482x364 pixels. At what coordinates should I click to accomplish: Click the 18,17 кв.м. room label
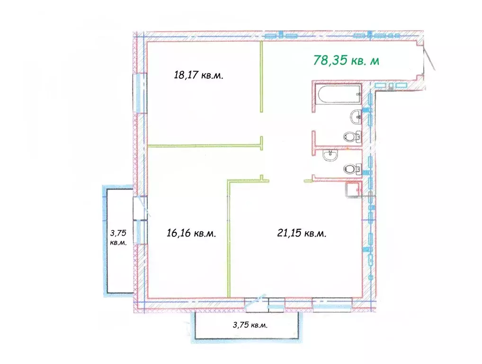point(198,75)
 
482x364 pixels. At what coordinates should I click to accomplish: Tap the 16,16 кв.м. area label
point(191,233)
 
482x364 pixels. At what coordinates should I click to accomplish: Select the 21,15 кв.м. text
point(302,233)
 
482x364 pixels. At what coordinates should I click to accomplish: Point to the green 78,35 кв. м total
point(346,60)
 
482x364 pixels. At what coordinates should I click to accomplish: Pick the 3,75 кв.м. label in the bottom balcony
point(250,325)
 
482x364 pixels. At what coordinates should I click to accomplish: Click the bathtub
point(339,94)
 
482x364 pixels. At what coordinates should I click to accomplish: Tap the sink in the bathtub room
point(356,117)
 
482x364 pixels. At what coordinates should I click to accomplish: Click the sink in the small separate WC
point(330,155)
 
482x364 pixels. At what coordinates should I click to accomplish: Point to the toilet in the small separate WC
point(352,169)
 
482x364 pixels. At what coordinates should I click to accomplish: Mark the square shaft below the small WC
point(353,190)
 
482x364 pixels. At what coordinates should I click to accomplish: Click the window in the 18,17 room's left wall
point(141,92)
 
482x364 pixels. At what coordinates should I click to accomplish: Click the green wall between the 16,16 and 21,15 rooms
point(228,239)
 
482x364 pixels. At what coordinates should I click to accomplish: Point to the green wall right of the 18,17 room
point(261,76)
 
